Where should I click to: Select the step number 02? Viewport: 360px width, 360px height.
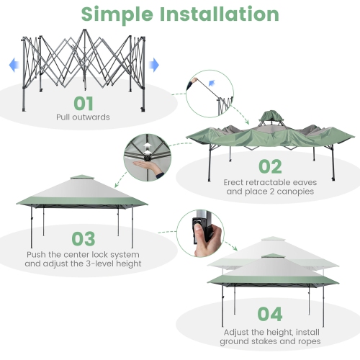tap(270, 167)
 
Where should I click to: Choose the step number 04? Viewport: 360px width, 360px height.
tap(271, 315)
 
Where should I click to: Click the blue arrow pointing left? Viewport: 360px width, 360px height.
tap(12, 65)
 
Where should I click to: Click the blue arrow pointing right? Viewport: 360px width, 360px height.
tap(153, 65)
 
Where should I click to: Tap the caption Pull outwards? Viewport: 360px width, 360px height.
tap(83, 117)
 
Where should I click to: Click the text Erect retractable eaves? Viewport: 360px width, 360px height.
tap(270, 183)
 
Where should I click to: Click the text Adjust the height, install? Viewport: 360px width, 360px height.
tap(271, 330)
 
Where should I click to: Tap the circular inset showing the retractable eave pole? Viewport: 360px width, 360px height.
tap(210, 94)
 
